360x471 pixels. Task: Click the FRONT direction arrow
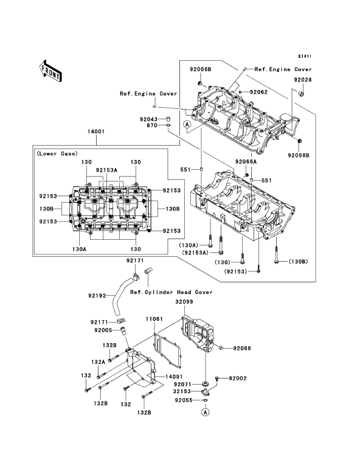pos(50,71)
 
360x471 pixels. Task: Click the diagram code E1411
pos(305,56)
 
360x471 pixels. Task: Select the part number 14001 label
pos(96,131)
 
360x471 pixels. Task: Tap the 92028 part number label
pos(303,80)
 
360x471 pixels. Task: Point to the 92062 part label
pos(258,92)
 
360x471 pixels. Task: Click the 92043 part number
pos(148,119)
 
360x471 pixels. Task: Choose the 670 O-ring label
pos(152,125)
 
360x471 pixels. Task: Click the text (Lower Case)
pos(57,153)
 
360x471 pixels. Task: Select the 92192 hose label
pos(97,296)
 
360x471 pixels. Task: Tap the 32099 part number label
pos(184,302)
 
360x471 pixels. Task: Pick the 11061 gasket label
pos(154,319)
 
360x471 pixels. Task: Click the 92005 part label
pos(103,330)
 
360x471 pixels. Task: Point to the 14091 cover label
pos(174,377)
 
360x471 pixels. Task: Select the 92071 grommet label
pos(182,384)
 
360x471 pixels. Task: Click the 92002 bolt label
pos(238,378)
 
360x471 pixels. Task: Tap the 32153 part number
pos(182,391)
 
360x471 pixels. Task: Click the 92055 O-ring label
pos(184,400)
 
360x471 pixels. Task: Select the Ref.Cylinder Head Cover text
pos(171,292)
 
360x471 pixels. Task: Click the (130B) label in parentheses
pos(298,261)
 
